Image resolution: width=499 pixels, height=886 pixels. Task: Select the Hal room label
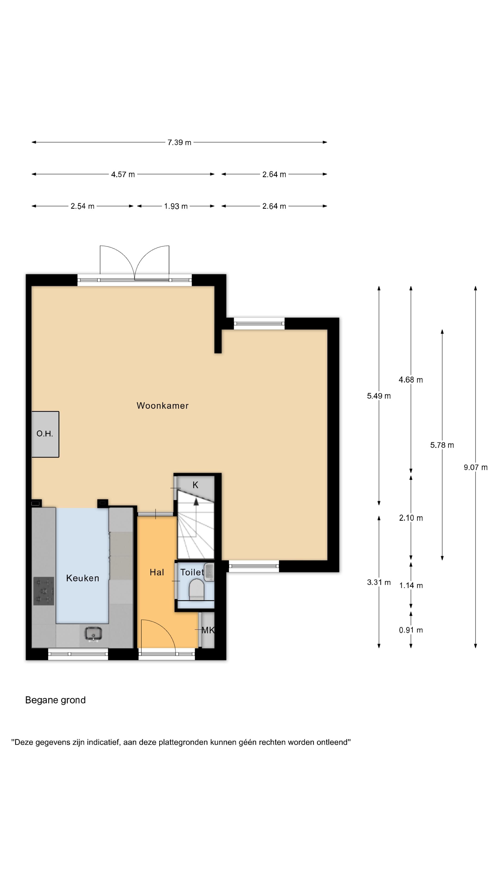(157, 572)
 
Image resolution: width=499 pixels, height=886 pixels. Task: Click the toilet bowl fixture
(197, 589)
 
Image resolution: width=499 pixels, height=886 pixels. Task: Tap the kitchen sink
(93, 634)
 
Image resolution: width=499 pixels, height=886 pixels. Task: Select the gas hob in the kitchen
(44, 591)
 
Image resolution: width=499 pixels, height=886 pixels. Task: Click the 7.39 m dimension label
(180, 142)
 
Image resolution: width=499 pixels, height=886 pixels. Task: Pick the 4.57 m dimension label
(123, 174)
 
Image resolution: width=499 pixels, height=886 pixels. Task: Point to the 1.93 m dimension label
(176, 206)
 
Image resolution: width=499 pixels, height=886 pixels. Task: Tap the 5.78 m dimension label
(442, 445)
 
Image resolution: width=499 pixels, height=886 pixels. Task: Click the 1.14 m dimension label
(411, 585)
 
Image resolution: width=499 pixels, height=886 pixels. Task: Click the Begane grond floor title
(55, 700)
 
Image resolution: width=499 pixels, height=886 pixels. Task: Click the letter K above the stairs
(195, 485)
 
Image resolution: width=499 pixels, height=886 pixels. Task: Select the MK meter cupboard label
(208, 630)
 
